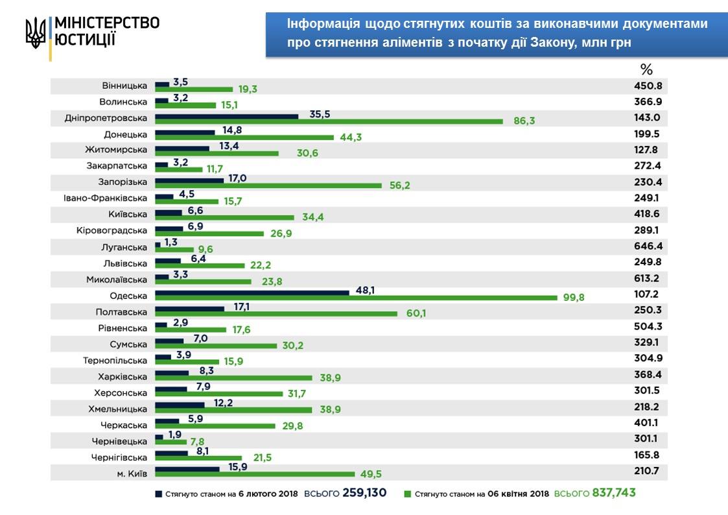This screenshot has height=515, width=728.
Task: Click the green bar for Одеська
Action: click(x=355, y=298)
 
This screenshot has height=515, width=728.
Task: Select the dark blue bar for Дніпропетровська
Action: click(x=226, y=117)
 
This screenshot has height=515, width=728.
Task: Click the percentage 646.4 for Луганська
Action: click(x=648, y=246)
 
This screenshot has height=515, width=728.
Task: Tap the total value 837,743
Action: click(x=613, y=493)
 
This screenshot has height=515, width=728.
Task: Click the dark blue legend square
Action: click(x=158, y=494)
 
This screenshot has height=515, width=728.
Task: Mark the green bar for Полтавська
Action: click(x=276, y=314)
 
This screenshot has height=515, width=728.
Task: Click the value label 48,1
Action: click(x=366, y=291)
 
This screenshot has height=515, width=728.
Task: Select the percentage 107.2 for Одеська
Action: click(x=648, y=294)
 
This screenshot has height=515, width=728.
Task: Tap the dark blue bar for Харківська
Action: click(x=172, y=374)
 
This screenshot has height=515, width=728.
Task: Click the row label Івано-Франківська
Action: click(x=106, y=198)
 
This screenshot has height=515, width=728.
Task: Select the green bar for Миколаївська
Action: click(x=203, y=281)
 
